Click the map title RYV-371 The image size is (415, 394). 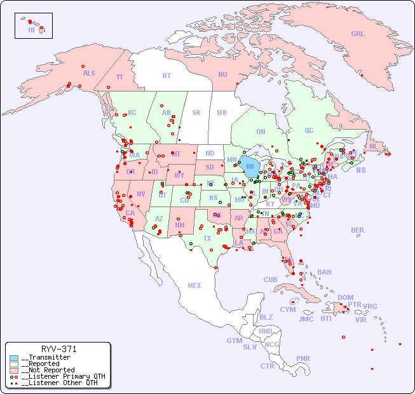[x=59, y=349]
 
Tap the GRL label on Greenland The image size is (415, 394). [x=358, y=34]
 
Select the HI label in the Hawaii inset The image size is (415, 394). [x=31, y=30]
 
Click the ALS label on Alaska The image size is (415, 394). [x=89, y=74]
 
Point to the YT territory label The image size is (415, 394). [x=119, y=76]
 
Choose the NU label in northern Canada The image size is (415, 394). [x=222, y=74]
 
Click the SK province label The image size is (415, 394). [x=196, y=112]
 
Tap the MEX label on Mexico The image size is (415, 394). [x=194, y=285]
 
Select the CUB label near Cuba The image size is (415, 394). [x=270, y=280]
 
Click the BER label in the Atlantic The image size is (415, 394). [x=357, y=230]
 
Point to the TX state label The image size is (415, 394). [x=207, y=238]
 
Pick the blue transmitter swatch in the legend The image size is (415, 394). [x=14, y=358]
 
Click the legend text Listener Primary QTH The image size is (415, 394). [x=59, y=376]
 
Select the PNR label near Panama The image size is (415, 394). [x=303, y=358]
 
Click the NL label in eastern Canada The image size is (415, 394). [x=374, y=146]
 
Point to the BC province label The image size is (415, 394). [x=132, y=112]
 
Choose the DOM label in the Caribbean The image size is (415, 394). [x=345, y=297]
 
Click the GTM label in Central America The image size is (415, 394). [x=234, y=341]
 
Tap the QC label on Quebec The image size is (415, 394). [x=309, y=130]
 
